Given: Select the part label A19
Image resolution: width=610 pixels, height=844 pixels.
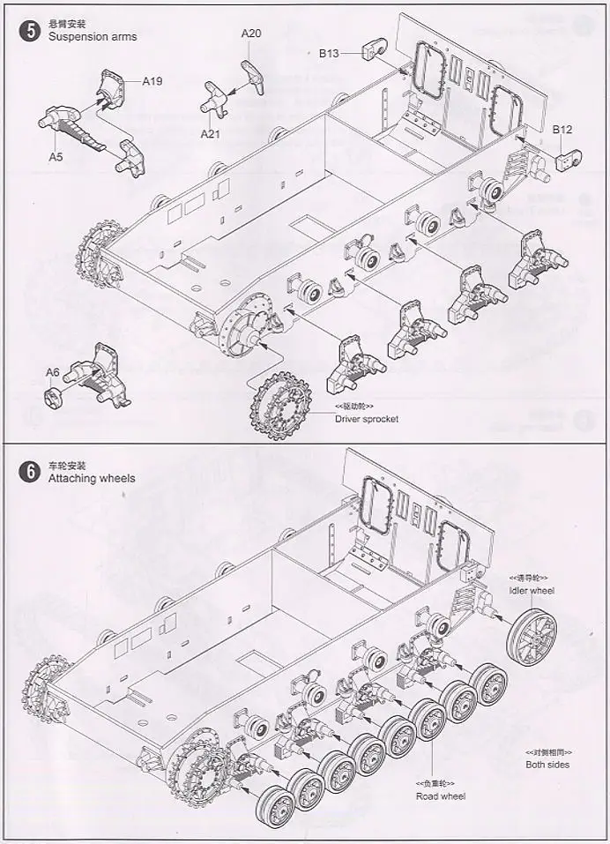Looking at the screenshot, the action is click(153, 81).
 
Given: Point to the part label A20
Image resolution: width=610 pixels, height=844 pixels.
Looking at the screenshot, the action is click(252, 34).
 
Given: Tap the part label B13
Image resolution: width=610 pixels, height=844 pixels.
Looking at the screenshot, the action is click(329, 53).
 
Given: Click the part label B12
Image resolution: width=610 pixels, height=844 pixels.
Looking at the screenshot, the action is click(562, 130).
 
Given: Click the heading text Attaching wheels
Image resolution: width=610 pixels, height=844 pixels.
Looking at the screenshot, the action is click(92, 478).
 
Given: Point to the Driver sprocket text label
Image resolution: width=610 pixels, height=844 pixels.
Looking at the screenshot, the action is click(367, 418).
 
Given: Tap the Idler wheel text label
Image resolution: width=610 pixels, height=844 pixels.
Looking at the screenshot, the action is click(532, 590).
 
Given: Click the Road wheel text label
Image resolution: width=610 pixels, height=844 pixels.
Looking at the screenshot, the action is click(441, 796).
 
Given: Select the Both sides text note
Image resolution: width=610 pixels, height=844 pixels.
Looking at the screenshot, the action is click(547, 765).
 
